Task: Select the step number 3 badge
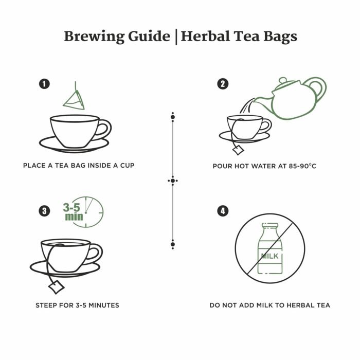point(45,210)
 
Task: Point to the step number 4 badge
point(223,210)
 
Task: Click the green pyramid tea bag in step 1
point(74,100)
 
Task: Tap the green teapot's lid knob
point(282,81)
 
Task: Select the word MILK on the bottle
point(269,256)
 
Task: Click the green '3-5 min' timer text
point(74,212)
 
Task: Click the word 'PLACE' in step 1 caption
point(34,166)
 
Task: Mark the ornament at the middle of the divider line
point(173,181)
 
